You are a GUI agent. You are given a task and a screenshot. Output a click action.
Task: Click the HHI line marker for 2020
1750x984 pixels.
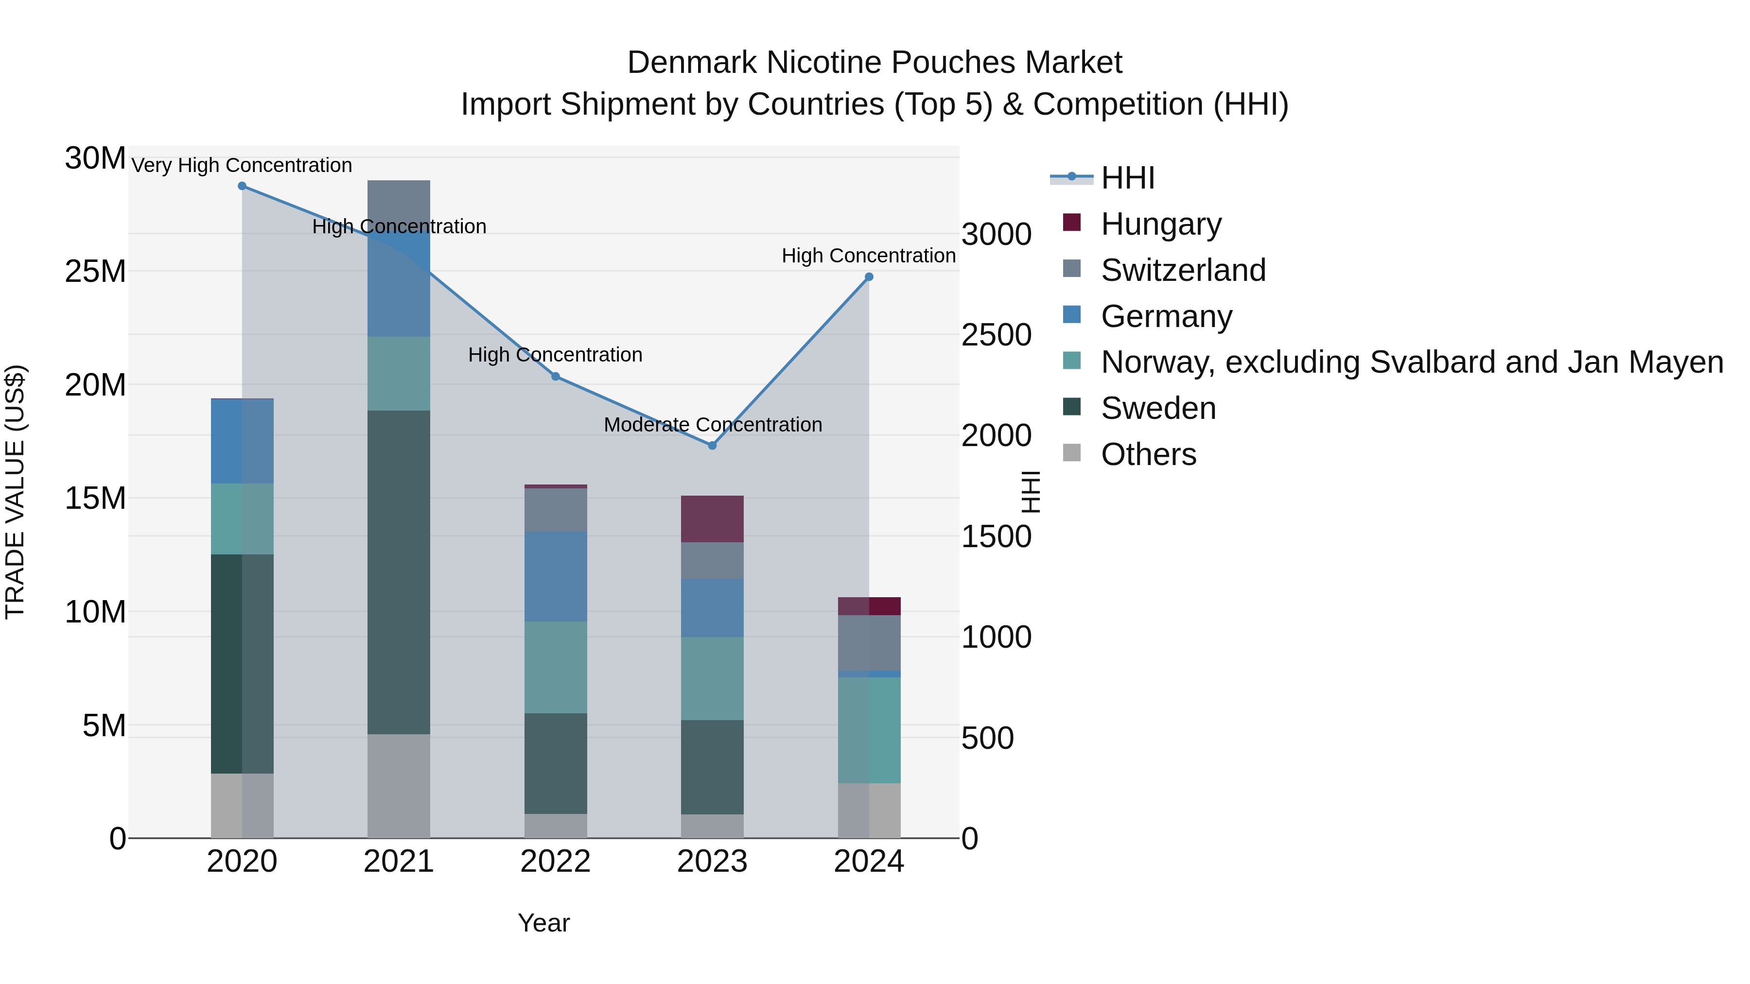(242, 186)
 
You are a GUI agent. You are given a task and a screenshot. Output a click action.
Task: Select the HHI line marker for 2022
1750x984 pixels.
(555, 376)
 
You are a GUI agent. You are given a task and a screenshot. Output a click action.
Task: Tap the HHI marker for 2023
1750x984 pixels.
(712, 446)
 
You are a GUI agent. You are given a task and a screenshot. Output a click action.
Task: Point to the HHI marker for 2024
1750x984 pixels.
(869, 277)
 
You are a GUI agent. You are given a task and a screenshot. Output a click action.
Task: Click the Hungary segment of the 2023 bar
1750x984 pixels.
(712, 519)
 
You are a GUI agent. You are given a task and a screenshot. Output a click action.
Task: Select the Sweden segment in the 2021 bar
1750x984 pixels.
(399, 572)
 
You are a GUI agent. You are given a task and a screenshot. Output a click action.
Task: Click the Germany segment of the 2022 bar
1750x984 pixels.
(555, 576)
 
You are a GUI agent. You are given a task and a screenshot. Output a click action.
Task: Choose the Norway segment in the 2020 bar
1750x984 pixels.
(242, 519)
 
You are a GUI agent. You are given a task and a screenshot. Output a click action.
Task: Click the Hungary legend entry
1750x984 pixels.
(1160, 224)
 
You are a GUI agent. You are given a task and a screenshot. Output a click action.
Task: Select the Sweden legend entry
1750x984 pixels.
(1157, 408)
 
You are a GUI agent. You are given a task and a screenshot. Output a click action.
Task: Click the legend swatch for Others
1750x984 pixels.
(1071, 453)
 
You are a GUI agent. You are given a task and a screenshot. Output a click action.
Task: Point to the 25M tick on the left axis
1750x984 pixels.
(95, 272)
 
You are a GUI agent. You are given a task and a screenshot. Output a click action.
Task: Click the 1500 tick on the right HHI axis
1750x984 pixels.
(996, 536)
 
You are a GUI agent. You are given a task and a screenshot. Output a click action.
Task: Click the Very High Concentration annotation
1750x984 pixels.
(242, 166)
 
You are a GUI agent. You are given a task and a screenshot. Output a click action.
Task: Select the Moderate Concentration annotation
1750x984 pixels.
(713, 425)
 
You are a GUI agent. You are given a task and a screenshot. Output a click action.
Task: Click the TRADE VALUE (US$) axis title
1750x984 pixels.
(15, 492)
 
